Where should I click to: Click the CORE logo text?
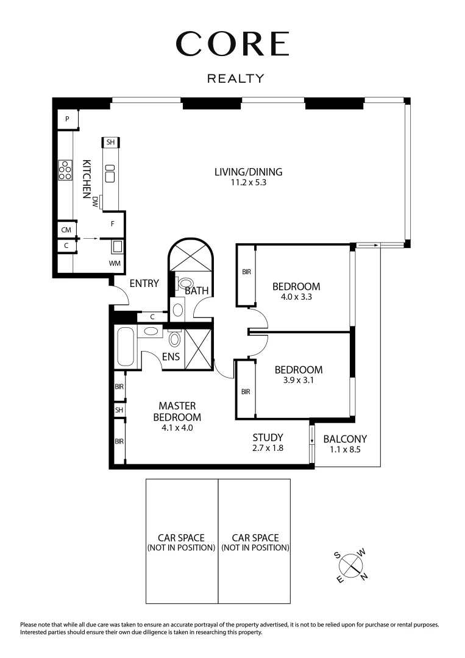click(232, 44)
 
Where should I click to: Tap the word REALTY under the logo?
click(236, 79)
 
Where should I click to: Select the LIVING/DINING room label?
click(248, 172)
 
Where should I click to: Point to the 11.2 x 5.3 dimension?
click(248, 183)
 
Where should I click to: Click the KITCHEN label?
click(87, 179)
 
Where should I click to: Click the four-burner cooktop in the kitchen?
click(65, 170)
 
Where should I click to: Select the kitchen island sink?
click(110, 177)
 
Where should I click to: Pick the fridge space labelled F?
click(113, 224)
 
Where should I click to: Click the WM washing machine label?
click(114, 263)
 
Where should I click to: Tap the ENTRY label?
click(144, 283)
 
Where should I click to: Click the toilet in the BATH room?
click(185, 283)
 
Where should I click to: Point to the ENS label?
click(171, 357)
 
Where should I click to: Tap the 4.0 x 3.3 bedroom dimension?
click(296, 297)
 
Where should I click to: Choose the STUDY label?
click(268, 437)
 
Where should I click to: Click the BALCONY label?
click(345, 439)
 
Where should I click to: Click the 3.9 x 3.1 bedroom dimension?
click(298, 381)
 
